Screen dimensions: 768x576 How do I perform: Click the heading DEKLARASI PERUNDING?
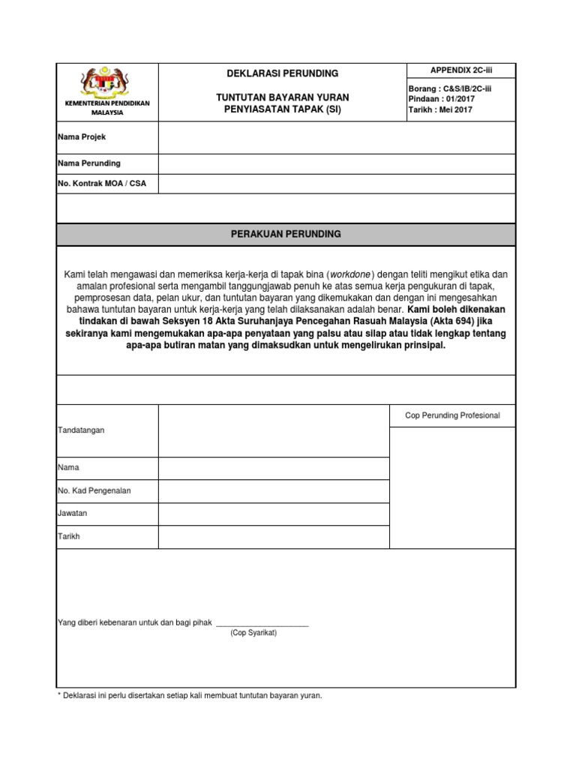click(x=283, y=73)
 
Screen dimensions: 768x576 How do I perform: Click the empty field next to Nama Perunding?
click(x=336, y=163)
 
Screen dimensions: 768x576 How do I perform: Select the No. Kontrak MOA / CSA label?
click(x=102, y=184)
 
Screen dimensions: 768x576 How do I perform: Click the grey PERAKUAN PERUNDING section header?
click(x=286, y=234)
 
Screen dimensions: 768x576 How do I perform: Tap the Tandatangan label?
click(x=81, y=430)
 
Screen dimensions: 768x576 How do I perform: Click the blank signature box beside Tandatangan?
click(x=273, y=430)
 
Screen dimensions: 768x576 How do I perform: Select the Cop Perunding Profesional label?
click(x=452, y=415)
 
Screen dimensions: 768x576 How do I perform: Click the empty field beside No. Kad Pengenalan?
click(x=273, y=491)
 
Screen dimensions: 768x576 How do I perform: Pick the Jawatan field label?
click(x=73, y=514)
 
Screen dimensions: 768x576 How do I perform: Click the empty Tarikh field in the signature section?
click(x=273, y=537)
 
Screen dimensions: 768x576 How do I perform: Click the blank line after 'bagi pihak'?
click(x=262, y=622)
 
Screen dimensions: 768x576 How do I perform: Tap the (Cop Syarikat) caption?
click(x=253, y=633)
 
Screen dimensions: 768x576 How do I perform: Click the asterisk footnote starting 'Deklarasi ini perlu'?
click(x=190, y=696)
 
